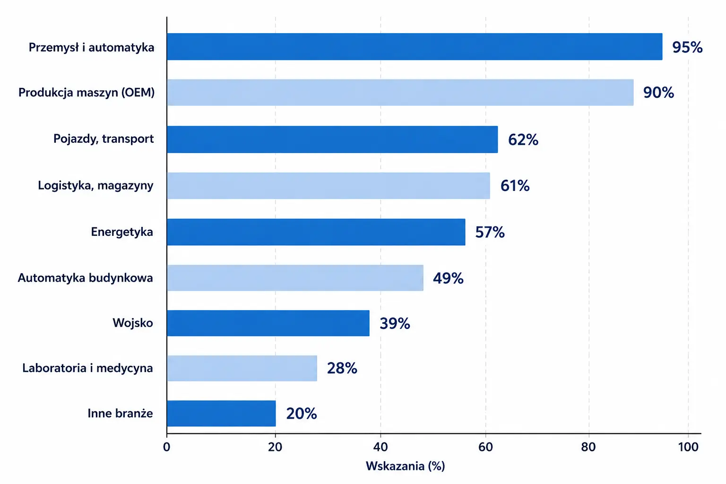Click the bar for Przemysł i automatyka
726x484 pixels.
click(x=415, y=47)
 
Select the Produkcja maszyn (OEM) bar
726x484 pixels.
click(x=400, y=92)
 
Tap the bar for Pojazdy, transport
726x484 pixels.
click(x=332, y=139)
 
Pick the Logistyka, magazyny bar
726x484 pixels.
click(x=328, y=185)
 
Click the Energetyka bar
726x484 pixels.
click(x=316, y=232)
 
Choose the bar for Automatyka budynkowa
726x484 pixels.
click(x=295, y=278)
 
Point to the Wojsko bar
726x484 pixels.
click(x=268, y=323)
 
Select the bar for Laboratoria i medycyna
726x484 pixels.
click(x=242, y=368)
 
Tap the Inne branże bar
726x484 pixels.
click(x=221, y=413)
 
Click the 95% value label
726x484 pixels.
click(x=687, y=47)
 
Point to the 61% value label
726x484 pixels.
click(x=515, y=186)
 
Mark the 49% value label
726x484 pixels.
click(x=448, y=278)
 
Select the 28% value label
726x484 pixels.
click(x=342, y=368)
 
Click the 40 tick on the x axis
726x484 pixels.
click(x=380, y=447)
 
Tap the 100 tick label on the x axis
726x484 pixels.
click(x=688, y=447)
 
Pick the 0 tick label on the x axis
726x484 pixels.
click(x=166, y=447)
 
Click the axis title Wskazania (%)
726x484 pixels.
click(x=406, y=466)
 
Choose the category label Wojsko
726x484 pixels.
click(x=132, y=323)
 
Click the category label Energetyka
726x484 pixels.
click(x=122, y=232)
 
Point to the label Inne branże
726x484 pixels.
click(x=120, y=413)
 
